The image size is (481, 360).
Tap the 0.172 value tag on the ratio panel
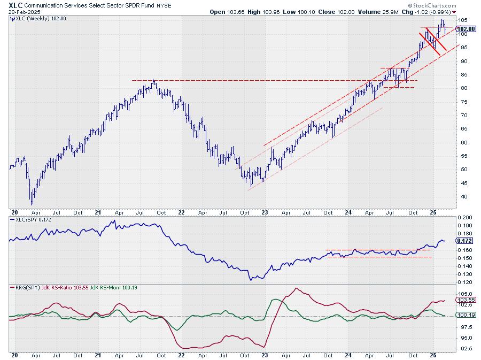(x=464, y=241)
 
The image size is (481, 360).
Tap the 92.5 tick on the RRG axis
(x=465, y=348)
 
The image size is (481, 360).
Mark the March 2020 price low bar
(x=32, y=204)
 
